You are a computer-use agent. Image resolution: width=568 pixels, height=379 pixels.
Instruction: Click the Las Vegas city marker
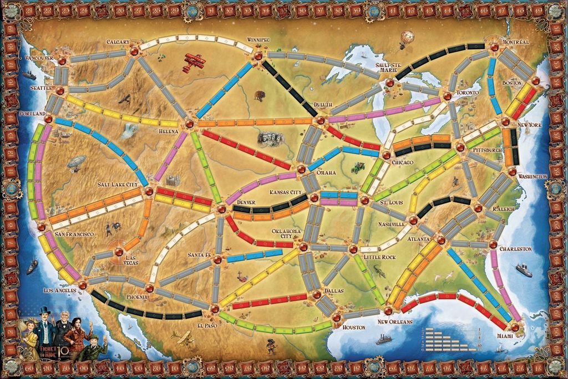pyautogui.click(x=118, y=252)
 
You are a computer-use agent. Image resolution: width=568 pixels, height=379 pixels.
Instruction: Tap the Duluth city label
pyautogui.click(x=322, y=105)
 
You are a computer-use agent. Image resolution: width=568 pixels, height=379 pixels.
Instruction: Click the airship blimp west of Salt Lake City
pyautogui.click(x=77, y=162)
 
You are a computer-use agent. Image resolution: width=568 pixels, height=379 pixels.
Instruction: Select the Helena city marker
pyautogui.click(x=189, y=123)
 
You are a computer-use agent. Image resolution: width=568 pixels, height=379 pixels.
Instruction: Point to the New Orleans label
pyautogui.click(x=395, y=322)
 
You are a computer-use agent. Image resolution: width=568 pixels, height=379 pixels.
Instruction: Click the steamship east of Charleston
pyautogui.click(x=524, y=270)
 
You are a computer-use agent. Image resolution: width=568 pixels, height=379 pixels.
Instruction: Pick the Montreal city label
pyautogui.click(x=516, y=42)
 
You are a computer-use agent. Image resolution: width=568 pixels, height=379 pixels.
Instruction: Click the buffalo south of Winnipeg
pyautogui.click(x=260, y=95)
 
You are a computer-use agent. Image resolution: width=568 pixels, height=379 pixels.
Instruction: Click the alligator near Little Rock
pyautogui.click(x=379, y=270)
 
